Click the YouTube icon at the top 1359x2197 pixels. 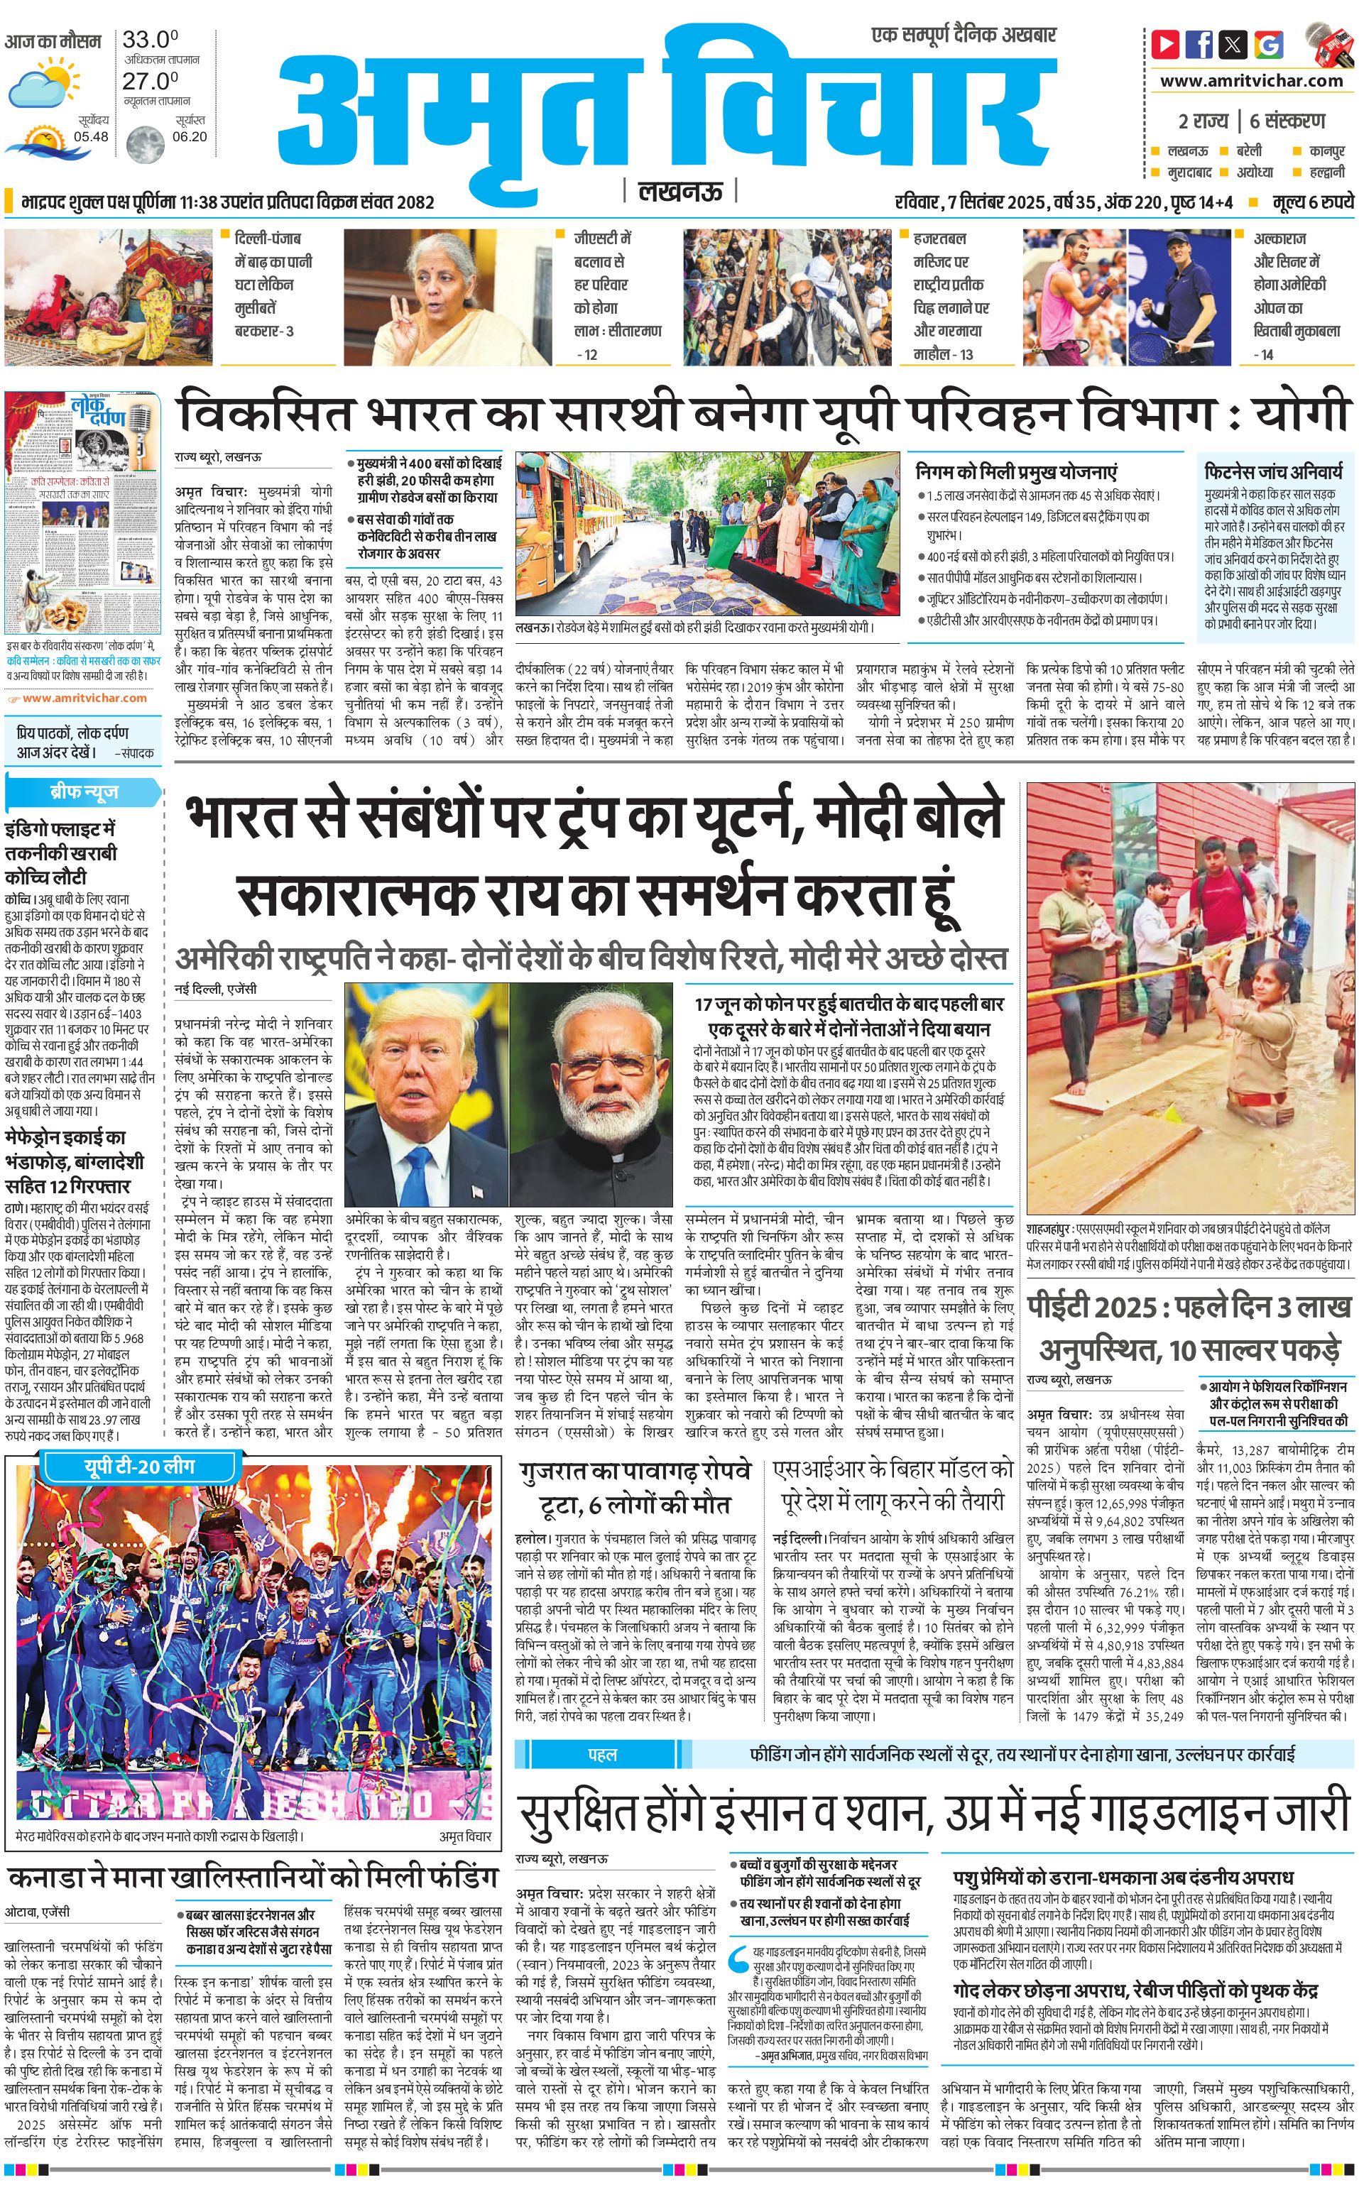pos(1166,43)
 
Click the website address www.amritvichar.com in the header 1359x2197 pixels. pos(1250,81)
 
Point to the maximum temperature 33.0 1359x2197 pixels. pos(150,40)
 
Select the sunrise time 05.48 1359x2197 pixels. pos(91,136)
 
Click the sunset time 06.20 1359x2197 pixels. pos(190,136)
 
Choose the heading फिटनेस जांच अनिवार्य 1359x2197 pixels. pos(1274,471)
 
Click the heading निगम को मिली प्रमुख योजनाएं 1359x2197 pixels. pos(1015,471)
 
